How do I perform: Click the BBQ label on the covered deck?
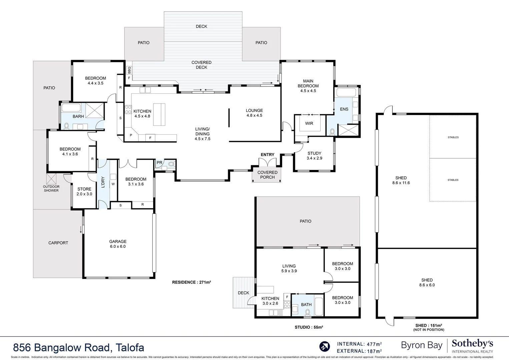[129, 70]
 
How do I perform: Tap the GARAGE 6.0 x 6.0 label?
[118, 244]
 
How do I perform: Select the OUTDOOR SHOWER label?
[51, 189]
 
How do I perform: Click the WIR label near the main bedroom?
[309, 123]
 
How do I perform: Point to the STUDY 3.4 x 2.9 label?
[314, 156]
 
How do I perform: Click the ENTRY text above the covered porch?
[268, 155]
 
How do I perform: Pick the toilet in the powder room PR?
[171, 164]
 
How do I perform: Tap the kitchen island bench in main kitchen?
[159, 114]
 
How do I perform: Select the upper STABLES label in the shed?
[453, 137]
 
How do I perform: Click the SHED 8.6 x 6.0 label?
[427, 283]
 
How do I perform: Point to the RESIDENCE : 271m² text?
[191, 282]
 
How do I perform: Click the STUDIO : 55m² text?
[309, 327]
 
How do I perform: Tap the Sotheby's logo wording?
[472, 344]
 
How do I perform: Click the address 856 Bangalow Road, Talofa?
[79, 348]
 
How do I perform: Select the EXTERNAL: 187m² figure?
[359, 351]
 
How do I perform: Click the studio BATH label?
[306, 305]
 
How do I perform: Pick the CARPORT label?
[58, 243]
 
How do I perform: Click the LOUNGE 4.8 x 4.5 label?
[254, 113]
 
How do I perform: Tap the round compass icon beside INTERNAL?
[324, 347]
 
